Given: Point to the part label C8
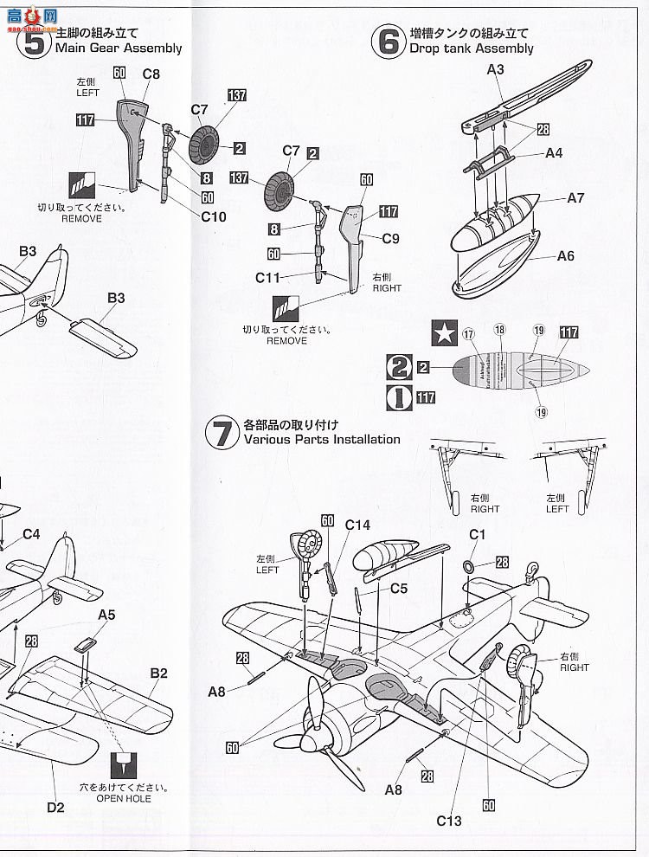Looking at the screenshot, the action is click(151, 74).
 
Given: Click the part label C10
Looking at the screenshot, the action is click(214, 216).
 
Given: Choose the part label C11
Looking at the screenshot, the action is click(269, 277).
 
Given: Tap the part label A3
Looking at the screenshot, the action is click(495, 69).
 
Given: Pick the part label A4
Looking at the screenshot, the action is click(554, 153).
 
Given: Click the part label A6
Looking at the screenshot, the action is click(565, 255).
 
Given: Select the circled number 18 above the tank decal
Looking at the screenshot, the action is click(499, 330).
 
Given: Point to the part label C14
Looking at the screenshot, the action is click(357, 525).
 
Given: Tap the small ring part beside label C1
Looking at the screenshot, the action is click(468, 565).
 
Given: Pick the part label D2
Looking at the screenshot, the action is click(56, 808).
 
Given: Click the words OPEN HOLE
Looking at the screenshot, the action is click(125, 798).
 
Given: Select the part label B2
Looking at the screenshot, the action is click(158, 673).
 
